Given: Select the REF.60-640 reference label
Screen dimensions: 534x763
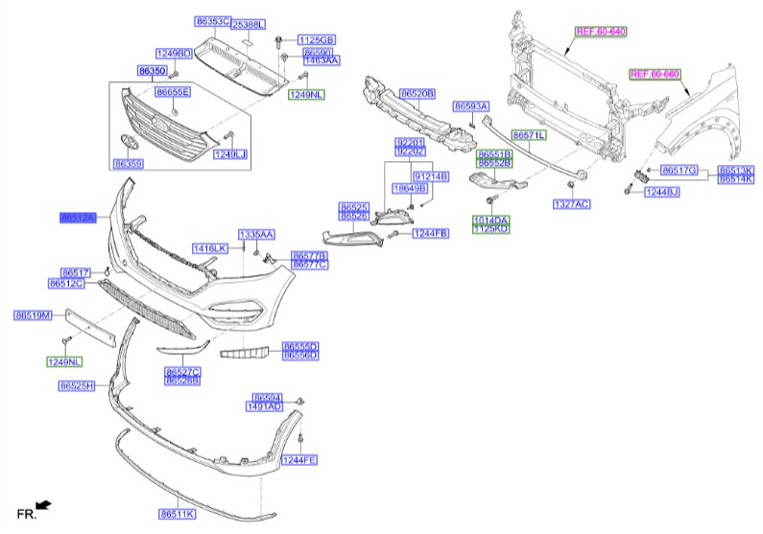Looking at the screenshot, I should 600,31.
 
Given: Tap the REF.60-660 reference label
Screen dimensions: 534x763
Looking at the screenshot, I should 654,73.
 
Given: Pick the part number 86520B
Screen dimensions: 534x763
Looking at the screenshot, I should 417,93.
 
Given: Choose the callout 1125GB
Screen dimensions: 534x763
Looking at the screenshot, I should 316,39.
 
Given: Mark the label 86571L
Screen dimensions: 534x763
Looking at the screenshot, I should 528,135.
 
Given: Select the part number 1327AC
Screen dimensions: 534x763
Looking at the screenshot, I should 572,204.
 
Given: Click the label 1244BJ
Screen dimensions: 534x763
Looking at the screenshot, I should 660,193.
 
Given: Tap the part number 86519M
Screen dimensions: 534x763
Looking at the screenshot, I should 32,315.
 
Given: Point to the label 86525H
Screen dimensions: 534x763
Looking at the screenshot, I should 77,385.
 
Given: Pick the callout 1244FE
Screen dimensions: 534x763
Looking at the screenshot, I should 298,461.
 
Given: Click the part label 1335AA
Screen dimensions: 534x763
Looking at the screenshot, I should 256,234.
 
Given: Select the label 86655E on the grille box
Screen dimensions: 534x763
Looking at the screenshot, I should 173,92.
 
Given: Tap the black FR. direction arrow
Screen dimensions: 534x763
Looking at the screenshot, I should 42,505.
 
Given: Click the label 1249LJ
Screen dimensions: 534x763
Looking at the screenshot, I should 229,153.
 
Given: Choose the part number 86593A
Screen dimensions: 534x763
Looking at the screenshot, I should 471,105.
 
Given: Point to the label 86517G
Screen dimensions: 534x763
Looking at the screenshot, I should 680,170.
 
